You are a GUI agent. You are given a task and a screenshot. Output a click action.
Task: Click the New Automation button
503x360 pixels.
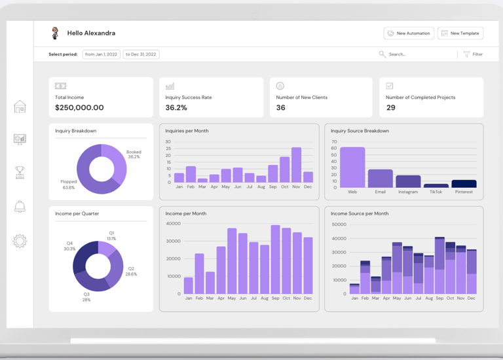point(409,33)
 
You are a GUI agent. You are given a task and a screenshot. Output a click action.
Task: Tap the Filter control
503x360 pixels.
point(473,54)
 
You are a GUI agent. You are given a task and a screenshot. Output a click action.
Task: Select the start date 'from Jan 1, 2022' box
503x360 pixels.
point(101,54)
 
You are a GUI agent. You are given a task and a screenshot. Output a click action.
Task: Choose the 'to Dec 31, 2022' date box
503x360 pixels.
point(141,54)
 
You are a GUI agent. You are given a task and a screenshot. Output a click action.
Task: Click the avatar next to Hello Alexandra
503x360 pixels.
point(55,33)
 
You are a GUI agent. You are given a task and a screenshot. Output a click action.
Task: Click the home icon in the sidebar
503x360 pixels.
point(20,107)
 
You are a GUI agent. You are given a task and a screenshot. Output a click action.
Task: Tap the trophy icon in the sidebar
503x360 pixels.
point(20,172)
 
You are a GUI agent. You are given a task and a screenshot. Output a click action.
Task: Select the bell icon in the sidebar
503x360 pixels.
point(20,206)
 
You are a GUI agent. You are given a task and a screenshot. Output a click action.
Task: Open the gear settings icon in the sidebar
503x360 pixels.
point(20,241)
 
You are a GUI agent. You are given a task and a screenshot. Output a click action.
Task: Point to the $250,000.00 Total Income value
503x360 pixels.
point(79,108)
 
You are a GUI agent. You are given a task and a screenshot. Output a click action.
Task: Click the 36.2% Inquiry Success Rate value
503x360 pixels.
point(176,108)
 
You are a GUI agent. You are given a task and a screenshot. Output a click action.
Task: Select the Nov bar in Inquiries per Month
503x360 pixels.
point(296,165)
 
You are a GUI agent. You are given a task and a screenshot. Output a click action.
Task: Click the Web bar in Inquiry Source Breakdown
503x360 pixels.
point(352,168)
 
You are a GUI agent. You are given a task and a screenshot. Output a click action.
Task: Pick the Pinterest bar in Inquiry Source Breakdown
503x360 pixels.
point(464,184)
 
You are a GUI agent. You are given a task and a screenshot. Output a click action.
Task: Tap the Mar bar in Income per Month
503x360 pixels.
point(210,283)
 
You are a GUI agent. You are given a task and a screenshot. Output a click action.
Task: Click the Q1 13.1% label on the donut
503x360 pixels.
point(111,236)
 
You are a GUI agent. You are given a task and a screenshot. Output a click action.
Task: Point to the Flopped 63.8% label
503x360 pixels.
point(68,185)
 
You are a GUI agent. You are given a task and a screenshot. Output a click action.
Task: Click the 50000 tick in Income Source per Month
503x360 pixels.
point(339,225)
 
